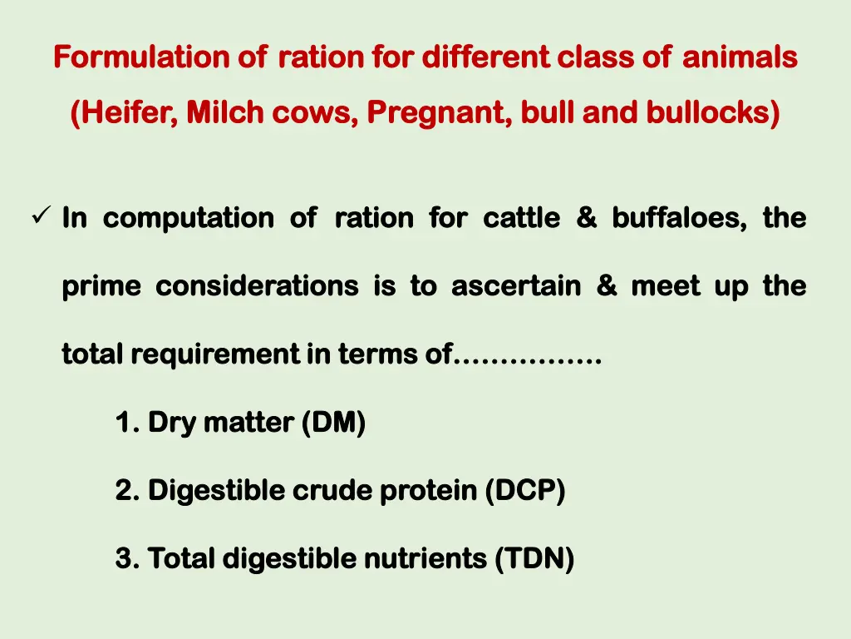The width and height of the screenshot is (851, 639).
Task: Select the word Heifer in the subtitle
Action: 125,112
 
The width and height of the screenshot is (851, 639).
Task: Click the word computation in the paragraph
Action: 189,218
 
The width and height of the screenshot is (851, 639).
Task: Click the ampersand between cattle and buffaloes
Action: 586,218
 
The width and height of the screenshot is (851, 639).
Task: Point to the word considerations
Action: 258,286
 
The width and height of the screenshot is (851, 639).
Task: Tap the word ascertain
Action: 516,286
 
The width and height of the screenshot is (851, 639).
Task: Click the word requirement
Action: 214,355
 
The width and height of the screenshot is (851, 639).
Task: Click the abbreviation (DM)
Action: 333,424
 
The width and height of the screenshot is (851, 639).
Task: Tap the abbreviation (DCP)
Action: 525,492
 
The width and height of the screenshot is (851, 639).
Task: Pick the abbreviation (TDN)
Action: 534,559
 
